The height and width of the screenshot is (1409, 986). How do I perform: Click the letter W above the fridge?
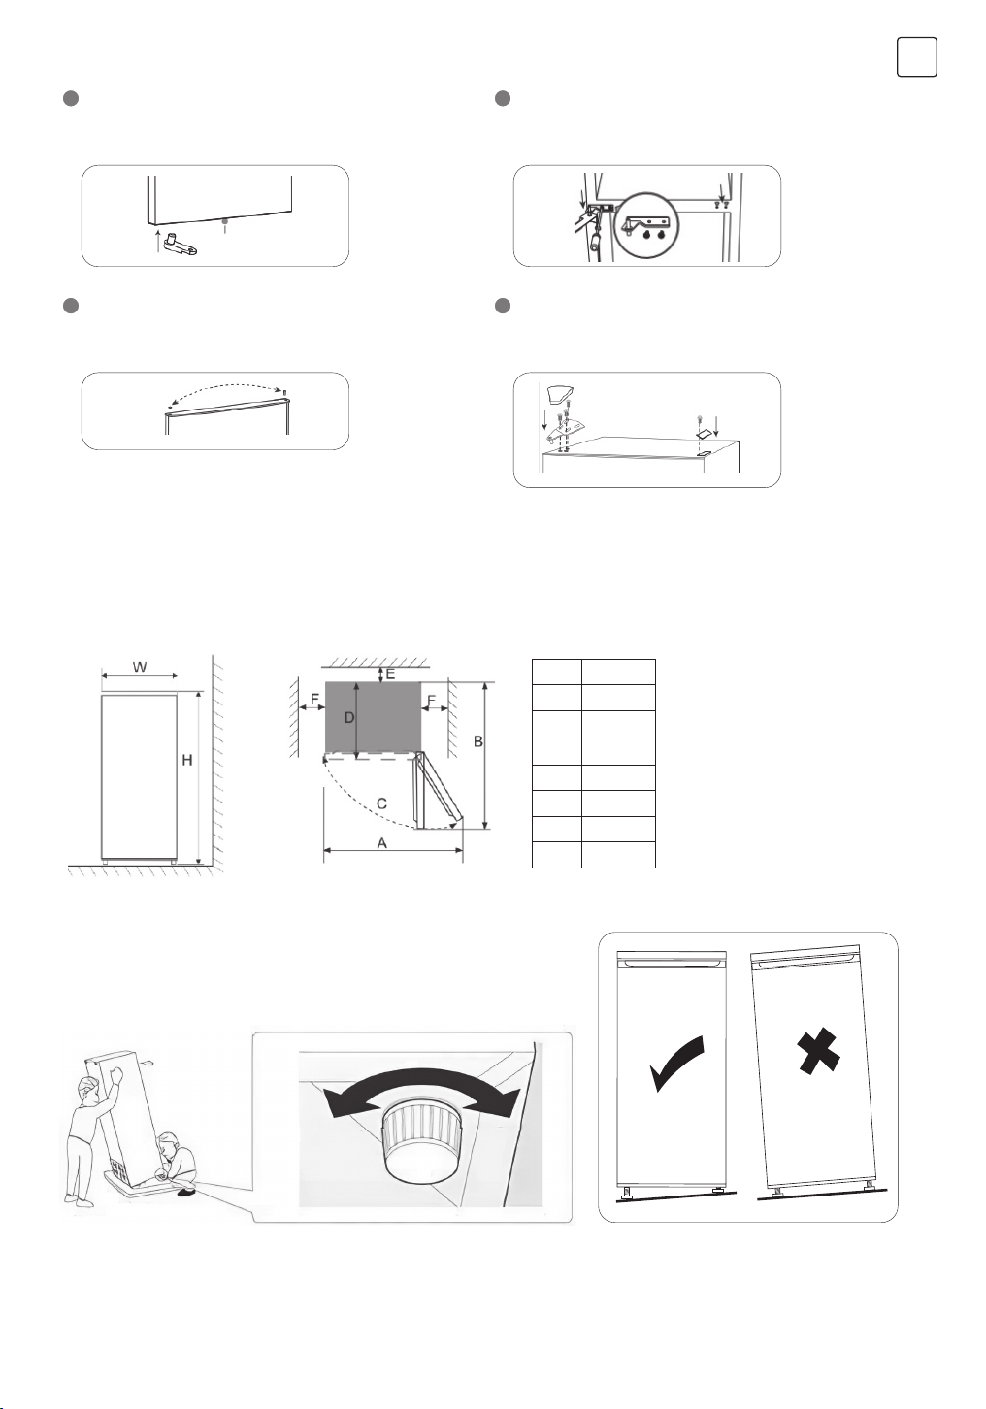pyautogui.click(x=140, y=668)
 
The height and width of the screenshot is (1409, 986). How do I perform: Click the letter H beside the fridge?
pyautogui.click(x=187, y=761)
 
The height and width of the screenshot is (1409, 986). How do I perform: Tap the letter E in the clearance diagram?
pyautogui.click(x=390, y=673)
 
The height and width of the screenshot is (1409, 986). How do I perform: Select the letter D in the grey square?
pyautogui.click(x=348, y=718)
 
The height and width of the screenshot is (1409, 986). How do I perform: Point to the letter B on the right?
pyautogui.click(x=477, y=741)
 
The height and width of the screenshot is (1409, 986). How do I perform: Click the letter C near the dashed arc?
pyautogui.click(x=381, y=803)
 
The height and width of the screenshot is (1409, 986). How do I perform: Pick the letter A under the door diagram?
pyautogui.click(x=382, y=843)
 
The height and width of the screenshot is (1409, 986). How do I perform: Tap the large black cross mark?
pyautogui.click(x=817, y=1053)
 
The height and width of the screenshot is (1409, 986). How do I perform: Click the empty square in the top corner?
pyautogui.click(x=916, y=56)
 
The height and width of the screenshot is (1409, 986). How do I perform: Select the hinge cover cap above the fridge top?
pyautogui.click(x=561, y=393)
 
